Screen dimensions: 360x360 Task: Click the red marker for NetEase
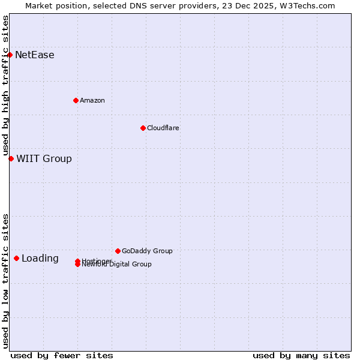point(10,55)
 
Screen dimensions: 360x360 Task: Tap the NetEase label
point(35,55)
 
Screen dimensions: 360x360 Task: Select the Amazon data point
point(76,100)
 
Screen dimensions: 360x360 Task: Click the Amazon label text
point(92,100)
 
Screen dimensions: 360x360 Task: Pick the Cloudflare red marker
point(143,128)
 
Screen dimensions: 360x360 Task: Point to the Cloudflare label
point(163,128)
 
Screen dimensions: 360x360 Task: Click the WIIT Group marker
point(11,158)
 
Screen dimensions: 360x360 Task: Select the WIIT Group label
point(44,159)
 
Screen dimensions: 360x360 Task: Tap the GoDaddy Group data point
point(118,251)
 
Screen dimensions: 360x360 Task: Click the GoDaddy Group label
point(147,251)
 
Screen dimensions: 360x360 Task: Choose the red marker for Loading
point(16,258)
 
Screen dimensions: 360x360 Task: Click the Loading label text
point(40,259)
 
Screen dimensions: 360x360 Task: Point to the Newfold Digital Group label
point(118,265)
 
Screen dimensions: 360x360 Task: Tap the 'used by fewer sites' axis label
point(62,355)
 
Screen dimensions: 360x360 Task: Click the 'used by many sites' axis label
point(301,355)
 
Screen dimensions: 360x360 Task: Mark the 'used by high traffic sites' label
point(5,86)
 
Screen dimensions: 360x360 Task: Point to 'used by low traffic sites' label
point(5,281)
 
